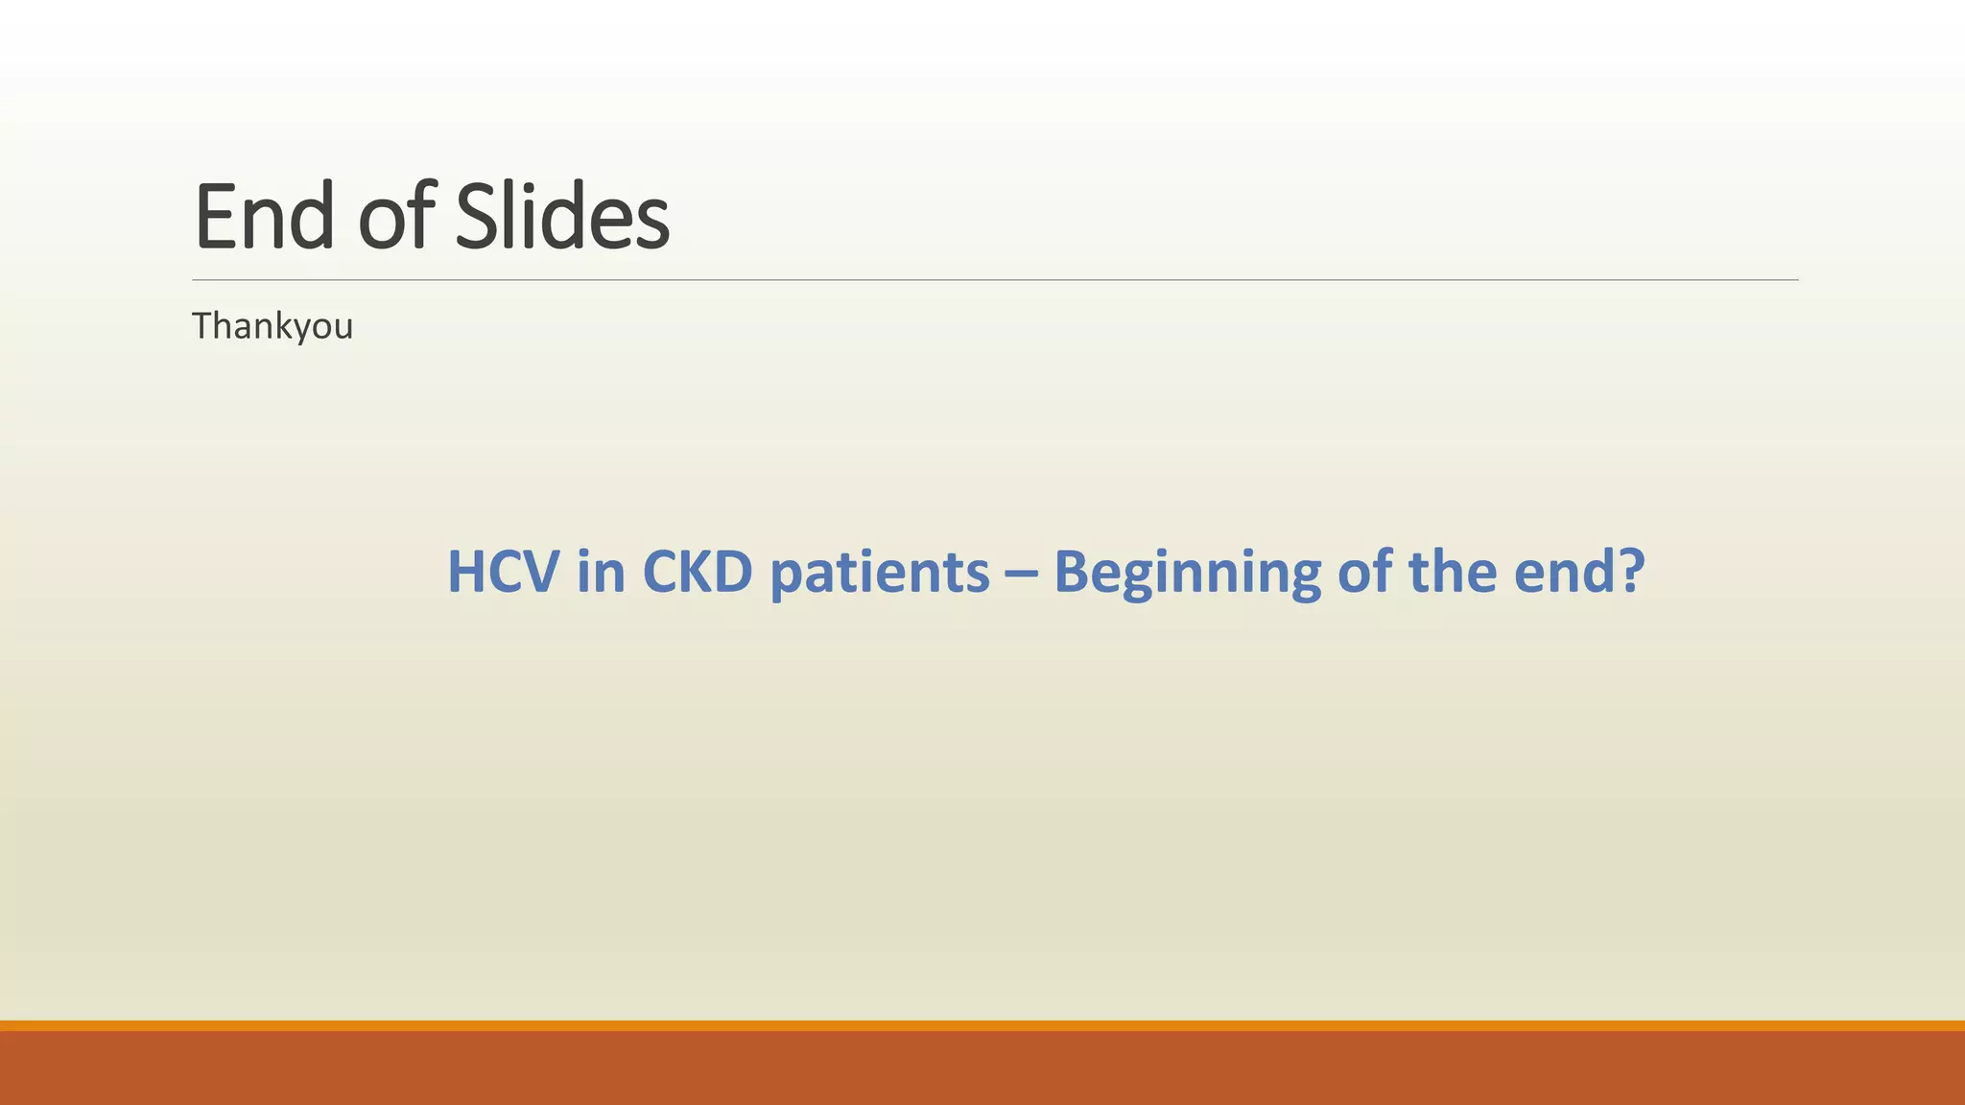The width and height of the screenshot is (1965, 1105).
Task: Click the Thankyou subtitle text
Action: click(x=272, y=327)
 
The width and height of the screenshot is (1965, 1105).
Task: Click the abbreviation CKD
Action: click(x=697, y=572)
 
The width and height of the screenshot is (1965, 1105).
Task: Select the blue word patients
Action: click(x=880, y=574)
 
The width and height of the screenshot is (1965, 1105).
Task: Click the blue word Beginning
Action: click(x=1187, y=574)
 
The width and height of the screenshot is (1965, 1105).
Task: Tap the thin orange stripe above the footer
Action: click(x=982, y=1025)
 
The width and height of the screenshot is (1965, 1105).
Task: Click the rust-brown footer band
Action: click(x=982, y=1069)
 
